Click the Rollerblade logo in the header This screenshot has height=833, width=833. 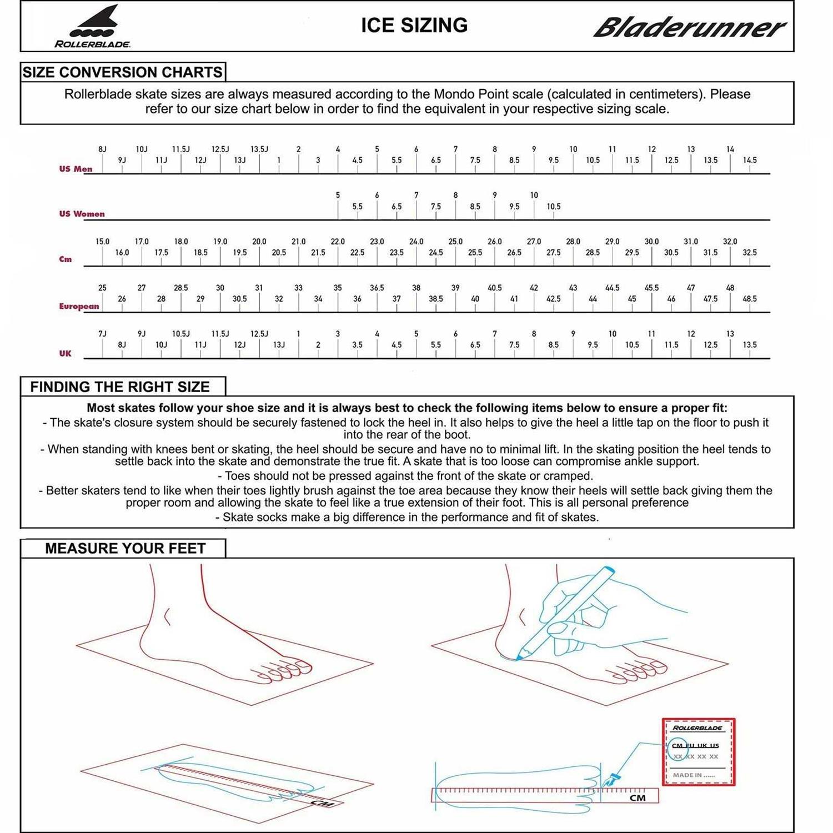pyautogui.click(x=93, y=27)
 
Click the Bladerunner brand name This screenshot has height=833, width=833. pyautogui.click(x=689, y=27)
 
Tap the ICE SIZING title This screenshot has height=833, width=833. pyautogui.click(x=414, y=26)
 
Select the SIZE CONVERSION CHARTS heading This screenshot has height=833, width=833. pyautogui.click(x=123, y=72)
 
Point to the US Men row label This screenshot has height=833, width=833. pyautogui.click(x=76, y=169)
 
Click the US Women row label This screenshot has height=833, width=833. pyautogui.click(x=82, y=214)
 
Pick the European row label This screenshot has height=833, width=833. pyautogui.click(x=79, y=306)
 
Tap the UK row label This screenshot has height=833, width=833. pyautogui.click(x=65, y=353)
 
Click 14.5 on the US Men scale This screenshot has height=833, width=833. pyautogui.click(x=750, y=160)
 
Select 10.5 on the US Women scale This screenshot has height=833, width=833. pyautogui.click(x=554, y=207)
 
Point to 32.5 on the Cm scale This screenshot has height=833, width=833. pyautogui.click(x=750, y=253)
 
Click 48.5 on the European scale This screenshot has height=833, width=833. pyautogui.click(x=750, y=299)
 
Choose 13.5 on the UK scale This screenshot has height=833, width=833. pyautogui.click(x=750, y=345)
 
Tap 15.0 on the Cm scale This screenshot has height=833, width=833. pyautogui.click(x=102, y=242)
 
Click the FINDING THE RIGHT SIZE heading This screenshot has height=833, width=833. pyautogui.click(x=120, y=387)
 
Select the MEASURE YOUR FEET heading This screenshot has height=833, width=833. pyautogui.click(x=126, y=549)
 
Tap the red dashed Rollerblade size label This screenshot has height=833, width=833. pyautogui.click(x=699, y=752)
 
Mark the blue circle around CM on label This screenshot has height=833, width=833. pyautogui.click(x=678, y=748)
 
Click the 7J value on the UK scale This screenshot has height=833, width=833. pyautogui.click(x=102, y=334)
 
